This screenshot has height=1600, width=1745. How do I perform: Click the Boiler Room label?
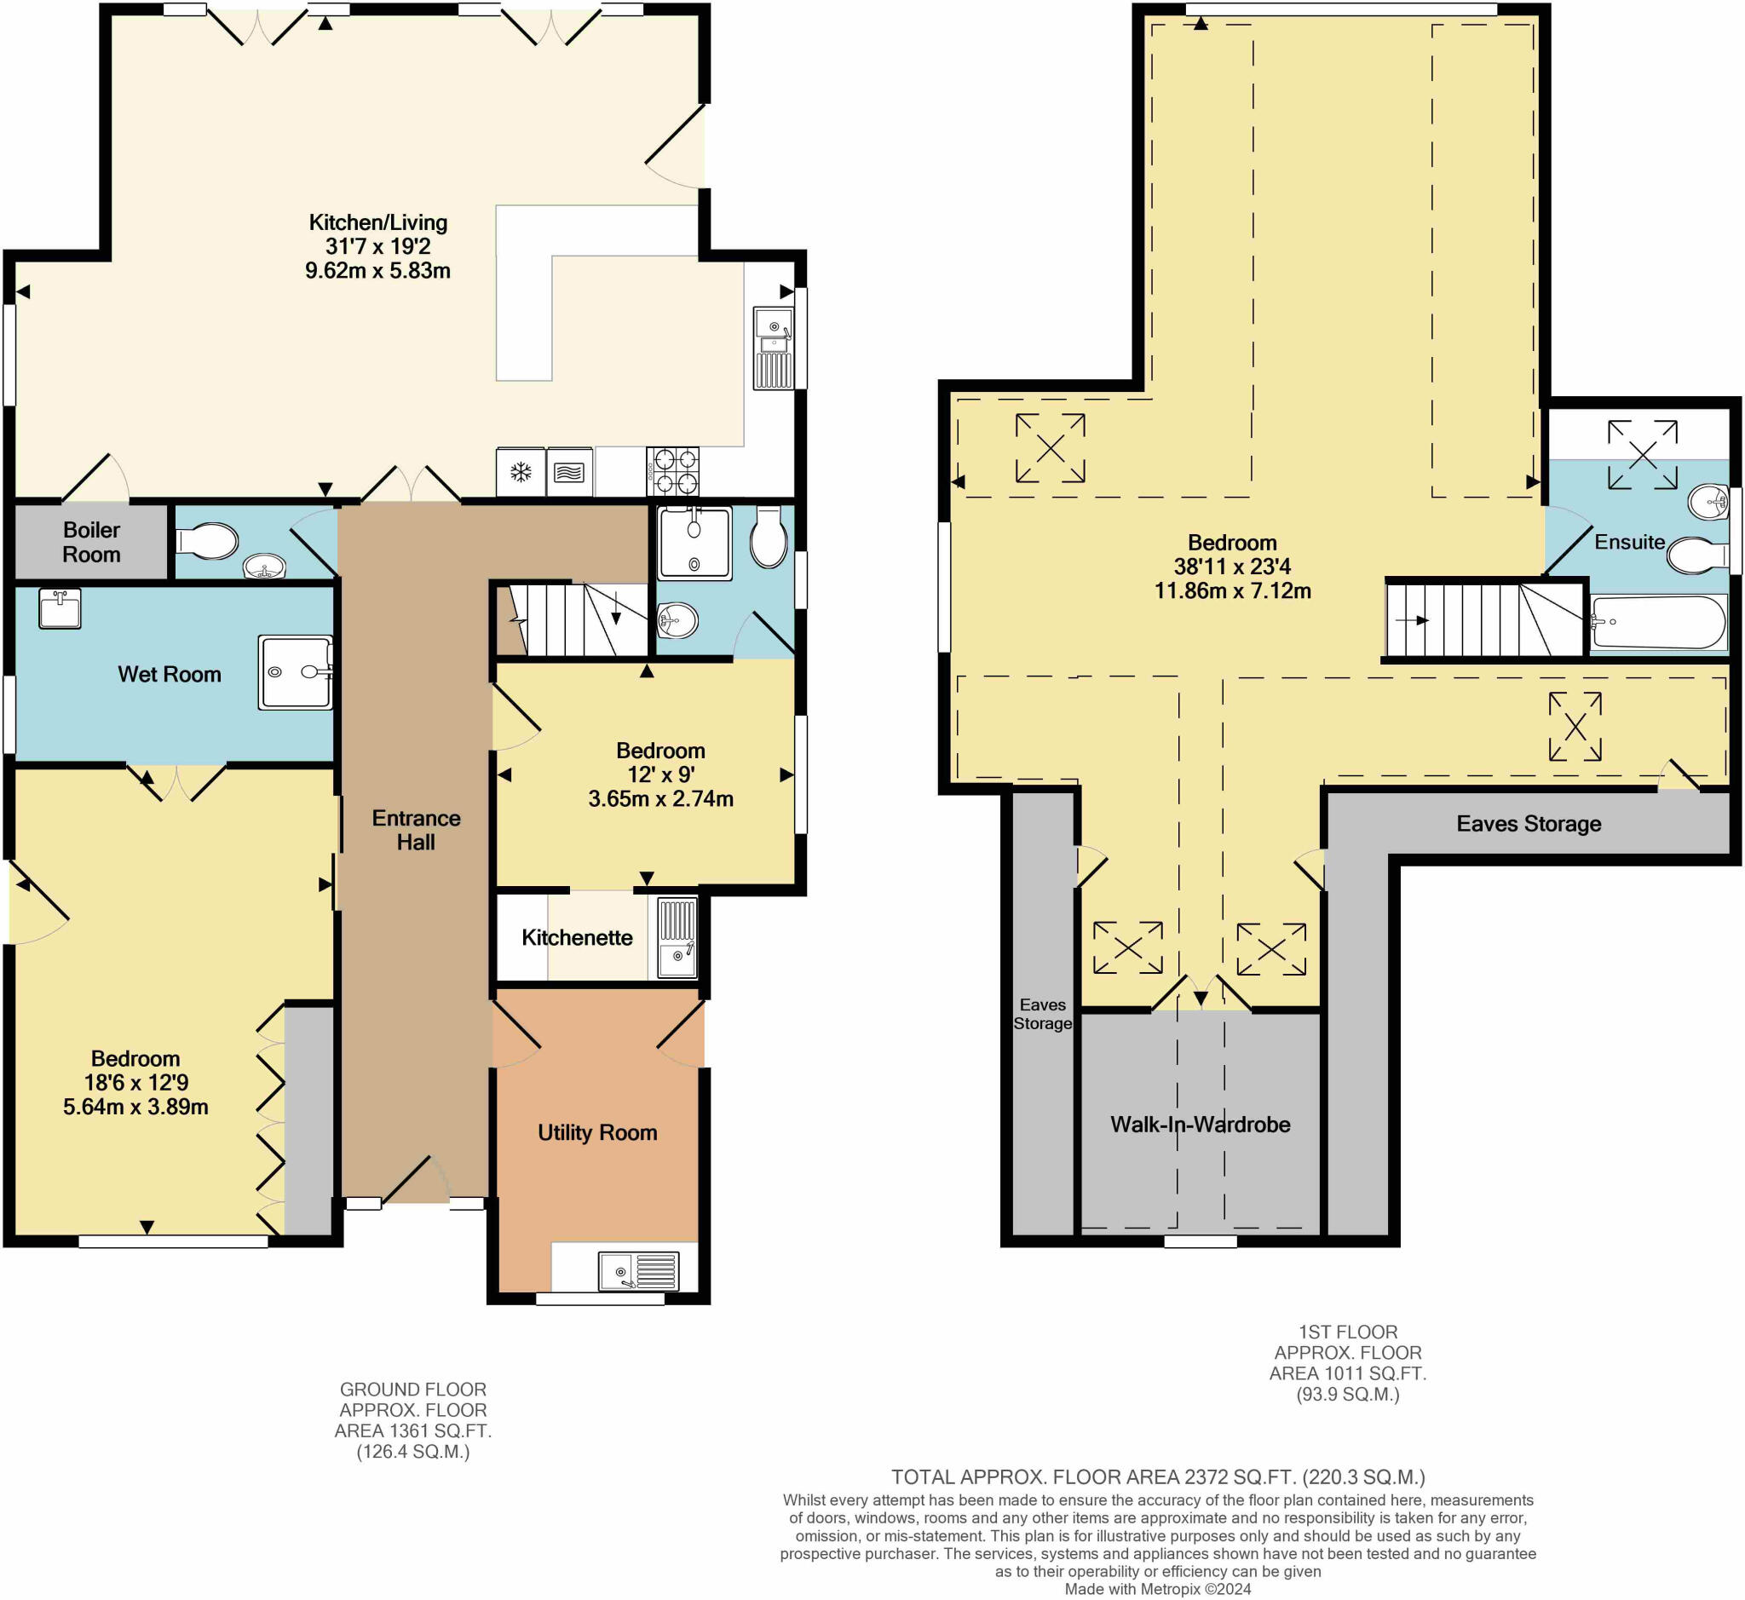[91, 542]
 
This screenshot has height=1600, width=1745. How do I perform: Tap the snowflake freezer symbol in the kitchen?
[520, 472]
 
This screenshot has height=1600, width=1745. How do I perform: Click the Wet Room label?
[169, 675]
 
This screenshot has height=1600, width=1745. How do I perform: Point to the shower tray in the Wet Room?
[296, 673]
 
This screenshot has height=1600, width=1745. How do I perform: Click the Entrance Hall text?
[416, 831]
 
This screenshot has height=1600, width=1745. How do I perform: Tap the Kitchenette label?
[577, 938]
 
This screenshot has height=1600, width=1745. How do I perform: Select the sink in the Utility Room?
[639, 1271]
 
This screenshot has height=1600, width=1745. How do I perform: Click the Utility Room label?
[596, 1132]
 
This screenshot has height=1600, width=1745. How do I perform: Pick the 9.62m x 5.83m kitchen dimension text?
[377, 271]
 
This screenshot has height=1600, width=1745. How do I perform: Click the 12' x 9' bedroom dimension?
[659, 775]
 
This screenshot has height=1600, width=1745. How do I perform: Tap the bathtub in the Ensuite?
[1657, 622]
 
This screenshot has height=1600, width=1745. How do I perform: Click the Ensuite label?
[1629, 542]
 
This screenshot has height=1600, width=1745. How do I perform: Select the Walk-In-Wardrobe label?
[1200, 1125]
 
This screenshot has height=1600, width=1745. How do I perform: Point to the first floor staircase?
[1484, 620]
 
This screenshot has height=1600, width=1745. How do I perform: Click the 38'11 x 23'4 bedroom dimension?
[1231, 567]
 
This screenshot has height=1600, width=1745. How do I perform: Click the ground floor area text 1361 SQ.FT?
[412, 1431]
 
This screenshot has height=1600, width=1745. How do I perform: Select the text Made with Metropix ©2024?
[1157, 1589]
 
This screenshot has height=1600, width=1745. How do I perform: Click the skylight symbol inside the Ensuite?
[1642, 455]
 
